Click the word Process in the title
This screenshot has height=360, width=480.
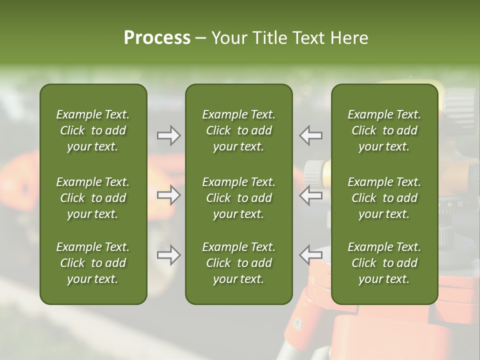coord(157,38)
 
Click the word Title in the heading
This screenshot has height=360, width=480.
coord(269,38)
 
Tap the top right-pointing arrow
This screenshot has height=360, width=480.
coord(168,135)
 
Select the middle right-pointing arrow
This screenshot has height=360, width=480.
coord(168,195)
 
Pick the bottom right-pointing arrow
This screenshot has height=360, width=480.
coord(168,255)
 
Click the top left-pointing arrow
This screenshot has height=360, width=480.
coord(310,135)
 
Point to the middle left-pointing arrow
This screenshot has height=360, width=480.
coord(310,195)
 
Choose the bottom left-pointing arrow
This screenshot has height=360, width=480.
coord(310,255)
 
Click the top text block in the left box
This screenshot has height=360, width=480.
coord(93,130)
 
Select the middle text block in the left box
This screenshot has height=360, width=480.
coord(93,198)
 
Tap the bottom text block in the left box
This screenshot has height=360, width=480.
coord(93,263)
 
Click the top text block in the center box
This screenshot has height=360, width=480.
coord(238,130)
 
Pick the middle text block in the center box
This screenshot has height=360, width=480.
coord(238,198)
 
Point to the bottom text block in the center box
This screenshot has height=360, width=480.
coord(238,263)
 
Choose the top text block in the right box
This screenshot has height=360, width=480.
coord(384,130)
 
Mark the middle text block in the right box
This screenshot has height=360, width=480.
coord(384,198)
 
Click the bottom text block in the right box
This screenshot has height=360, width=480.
coord(384,263)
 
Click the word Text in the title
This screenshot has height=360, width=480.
coord(308,38)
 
